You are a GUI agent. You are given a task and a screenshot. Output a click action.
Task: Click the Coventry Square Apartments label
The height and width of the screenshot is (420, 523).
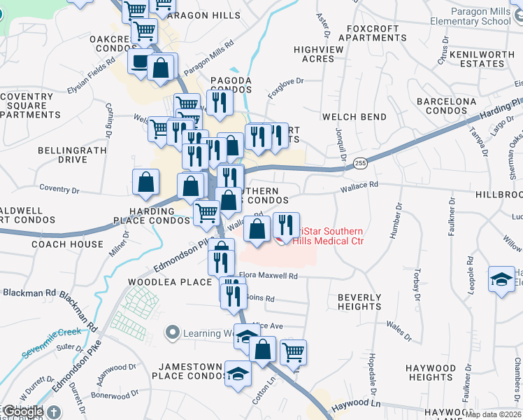(x=29, y=106)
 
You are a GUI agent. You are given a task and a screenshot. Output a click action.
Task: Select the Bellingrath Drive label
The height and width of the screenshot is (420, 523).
(x=63, y=155)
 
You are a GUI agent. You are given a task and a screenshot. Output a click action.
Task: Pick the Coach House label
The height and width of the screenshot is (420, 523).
(x=67, y=244)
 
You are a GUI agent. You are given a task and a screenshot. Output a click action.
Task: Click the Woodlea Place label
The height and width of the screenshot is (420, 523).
(x=169, y=282)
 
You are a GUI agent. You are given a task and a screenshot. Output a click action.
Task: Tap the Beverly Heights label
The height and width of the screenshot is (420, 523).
(x=360, y=302)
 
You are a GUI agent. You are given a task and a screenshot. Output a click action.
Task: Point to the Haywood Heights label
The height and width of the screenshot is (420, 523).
(x=432, y=372)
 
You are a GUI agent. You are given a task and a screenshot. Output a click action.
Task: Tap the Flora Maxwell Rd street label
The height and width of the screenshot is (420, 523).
(x=268, y=276)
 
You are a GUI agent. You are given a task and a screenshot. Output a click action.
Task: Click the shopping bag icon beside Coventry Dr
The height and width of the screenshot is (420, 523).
(x=145, y=182)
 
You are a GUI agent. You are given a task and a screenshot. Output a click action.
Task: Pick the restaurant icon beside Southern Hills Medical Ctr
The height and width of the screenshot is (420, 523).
(x=285, y=225)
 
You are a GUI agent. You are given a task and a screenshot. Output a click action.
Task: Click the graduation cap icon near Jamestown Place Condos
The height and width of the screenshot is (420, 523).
(x=238, y=373)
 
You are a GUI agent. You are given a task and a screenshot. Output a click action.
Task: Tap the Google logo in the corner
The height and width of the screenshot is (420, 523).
(x=22, y=412)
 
